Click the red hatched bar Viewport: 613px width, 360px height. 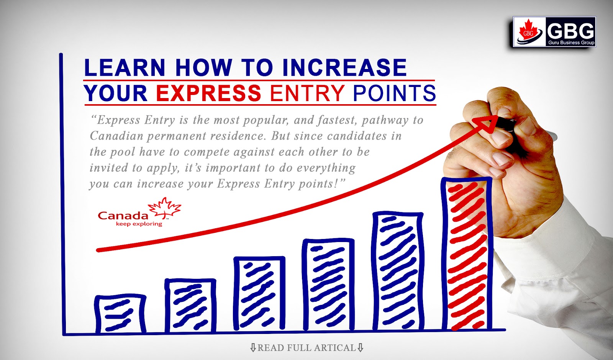tap(467, 255)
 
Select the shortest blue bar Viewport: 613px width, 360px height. tap(120, 314)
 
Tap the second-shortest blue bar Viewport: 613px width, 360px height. tap(190, 305)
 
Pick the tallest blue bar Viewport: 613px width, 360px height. tap(398, 271)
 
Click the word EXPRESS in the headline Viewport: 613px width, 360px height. tap(208, 93)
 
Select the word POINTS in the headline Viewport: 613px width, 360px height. tap(394, 93)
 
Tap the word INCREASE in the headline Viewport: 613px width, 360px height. tap(344, 68)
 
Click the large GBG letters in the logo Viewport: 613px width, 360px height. tap(570, 30)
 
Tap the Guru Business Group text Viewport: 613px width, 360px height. tap(571, 43)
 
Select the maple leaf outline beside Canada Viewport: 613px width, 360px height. tap(165, 208)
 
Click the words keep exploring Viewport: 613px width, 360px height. tap(139, 224)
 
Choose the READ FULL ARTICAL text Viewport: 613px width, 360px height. tap(306, 348)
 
